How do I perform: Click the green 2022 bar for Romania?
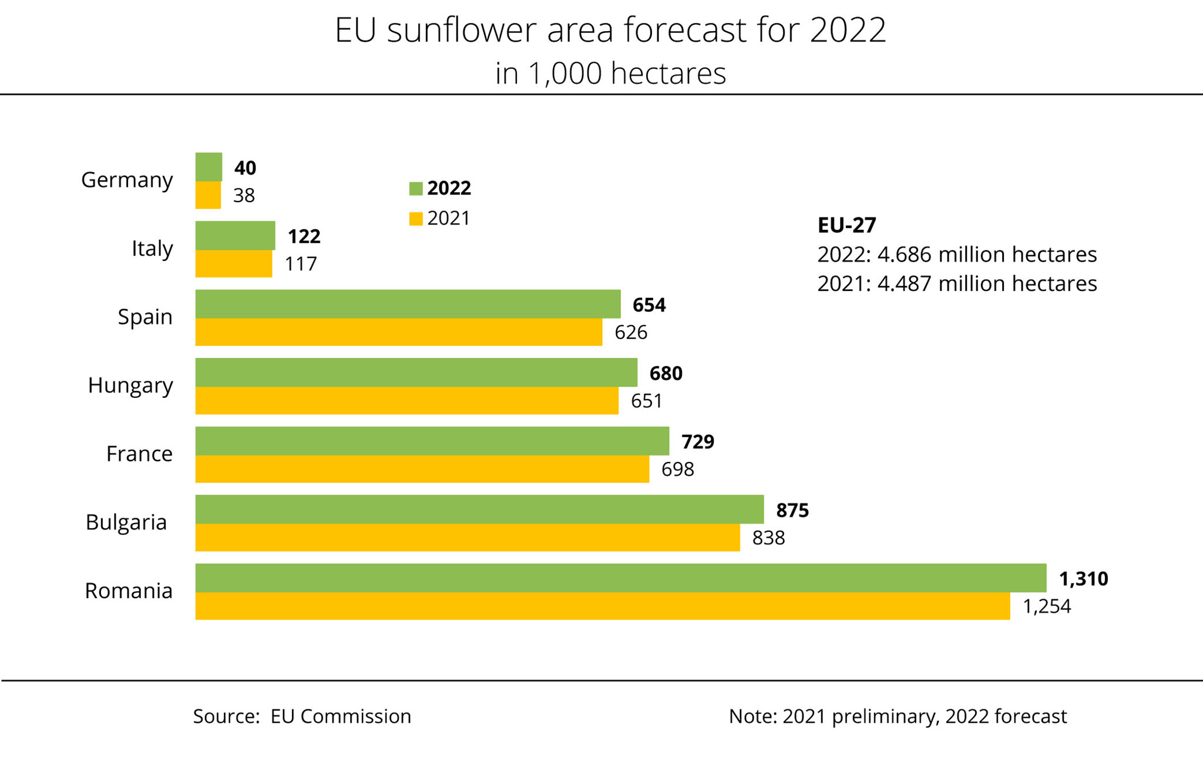[x=620, y=578]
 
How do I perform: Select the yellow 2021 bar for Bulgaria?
[x=467, y=537]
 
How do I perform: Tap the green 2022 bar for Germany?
[x=209, y=167]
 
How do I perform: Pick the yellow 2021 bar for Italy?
[x=233, y=263]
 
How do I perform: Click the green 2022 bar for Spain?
[x=408, y=304]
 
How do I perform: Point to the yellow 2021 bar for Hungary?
[x=406, y=400]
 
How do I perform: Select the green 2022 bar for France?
[x=432, y=441]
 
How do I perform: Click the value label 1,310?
[x=1083, y=579]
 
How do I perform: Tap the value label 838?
[x=768, y=538]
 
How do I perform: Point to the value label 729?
[x=698, y=441]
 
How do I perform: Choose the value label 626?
[x=631, y=333]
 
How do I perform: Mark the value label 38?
[x=244, y=196]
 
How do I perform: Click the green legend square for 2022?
[x=416, y=189]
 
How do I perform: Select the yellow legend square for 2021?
[x=416, y=219]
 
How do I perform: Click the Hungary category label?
[x=130, y=385]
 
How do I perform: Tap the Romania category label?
[x=129, y=591]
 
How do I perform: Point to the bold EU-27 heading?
[x=846, y=225]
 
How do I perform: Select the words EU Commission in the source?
[x=341, y=716]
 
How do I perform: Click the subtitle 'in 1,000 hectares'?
[x=610, y=73]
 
